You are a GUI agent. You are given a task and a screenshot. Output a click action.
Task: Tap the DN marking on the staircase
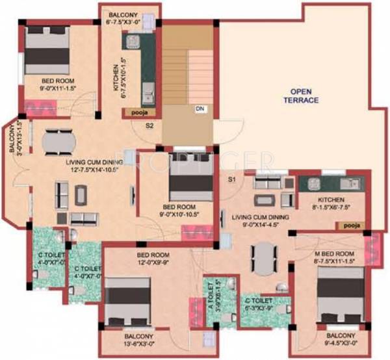coord(200,109)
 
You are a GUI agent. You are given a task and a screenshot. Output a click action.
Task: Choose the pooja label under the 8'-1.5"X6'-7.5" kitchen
coord(348,224)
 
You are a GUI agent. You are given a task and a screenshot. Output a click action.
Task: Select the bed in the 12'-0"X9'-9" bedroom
coord(128,301)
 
